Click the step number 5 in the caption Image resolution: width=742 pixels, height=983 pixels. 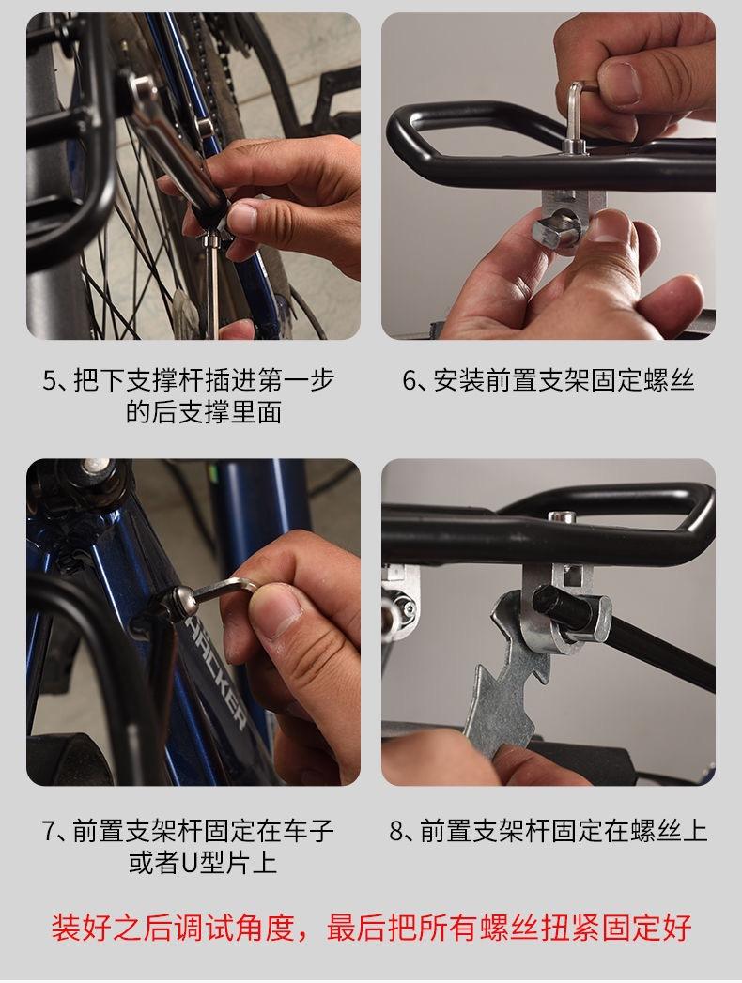click(50, 381)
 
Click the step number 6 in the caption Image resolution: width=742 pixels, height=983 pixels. click(410, 381)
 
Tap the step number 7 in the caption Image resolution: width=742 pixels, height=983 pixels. click(50, 831)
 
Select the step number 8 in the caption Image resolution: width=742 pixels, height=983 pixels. click(396, 831)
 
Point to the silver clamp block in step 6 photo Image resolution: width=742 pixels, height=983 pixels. click(573, 213)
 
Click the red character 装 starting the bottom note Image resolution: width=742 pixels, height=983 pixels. click(66, 928)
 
